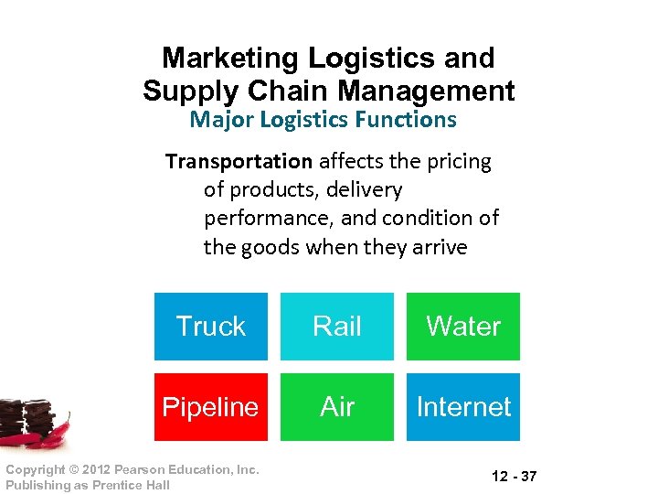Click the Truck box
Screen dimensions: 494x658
(210, 327)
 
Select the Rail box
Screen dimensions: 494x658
(337, 327)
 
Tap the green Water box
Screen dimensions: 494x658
(463, 327)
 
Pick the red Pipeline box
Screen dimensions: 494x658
(210, 407)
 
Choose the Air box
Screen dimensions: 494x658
(337, 407)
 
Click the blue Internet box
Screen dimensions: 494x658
(463, 407)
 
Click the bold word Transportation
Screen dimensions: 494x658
(239, 162)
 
